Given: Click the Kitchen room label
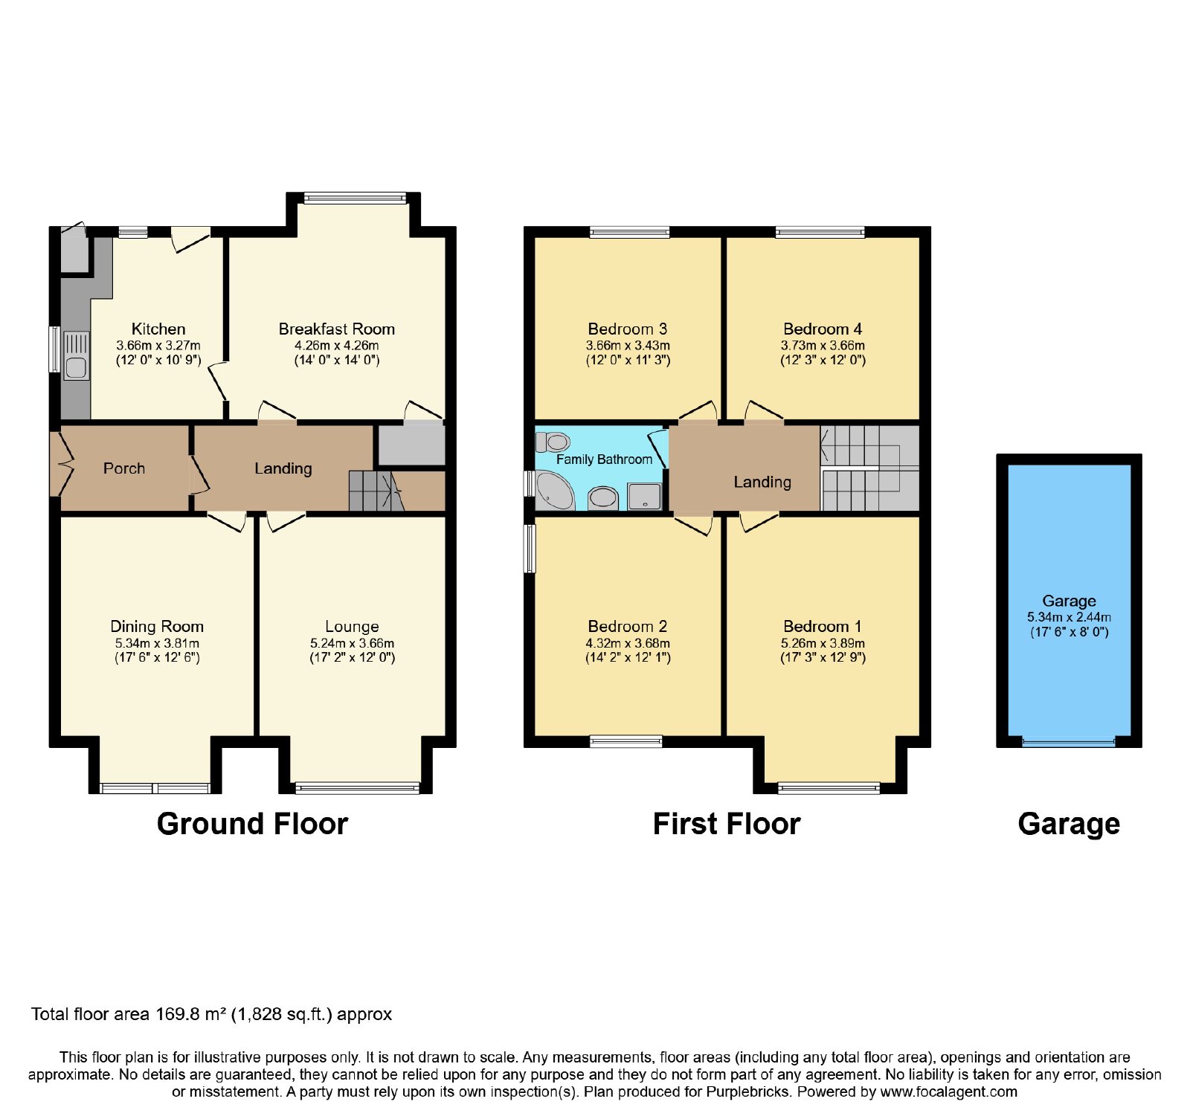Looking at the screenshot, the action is (158, 329).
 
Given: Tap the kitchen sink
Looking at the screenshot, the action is (76, 356).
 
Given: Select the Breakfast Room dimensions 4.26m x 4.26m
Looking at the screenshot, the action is (337, 345).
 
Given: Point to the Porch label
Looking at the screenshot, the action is (124, 468).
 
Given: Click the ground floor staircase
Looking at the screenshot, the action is (376, 491).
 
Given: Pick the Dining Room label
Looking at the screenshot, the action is (157, 626).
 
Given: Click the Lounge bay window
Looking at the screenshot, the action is (358, 787).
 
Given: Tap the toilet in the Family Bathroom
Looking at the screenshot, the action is (553, 442).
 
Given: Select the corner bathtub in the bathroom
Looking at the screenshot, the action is (554, 491).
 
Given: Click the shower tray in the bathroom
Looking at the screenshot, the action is (644, 497).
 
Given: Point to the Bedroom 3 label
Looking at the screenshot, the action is (627, 329).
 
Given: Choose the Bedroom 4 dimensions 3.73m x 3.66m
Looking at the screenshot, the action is (823, 345).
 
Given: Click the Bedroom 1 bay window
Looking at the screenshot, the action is (829, 787).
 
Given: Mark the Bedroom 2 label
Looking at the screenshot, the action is (627, 626).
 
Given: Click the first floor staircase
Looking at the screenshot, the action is (870, 468).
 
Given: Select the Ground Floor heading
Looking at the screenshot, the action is (252, 824).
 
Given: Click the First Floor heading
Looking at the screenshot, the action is (727, 824).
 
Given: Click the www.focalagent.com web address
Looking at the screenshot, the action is (949, 1092).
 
